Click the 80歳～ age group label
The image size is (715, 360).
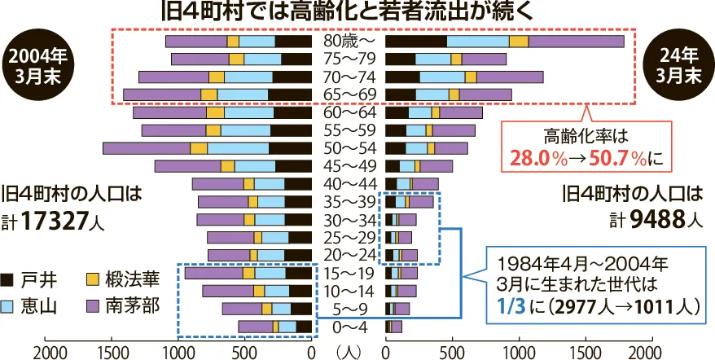click(349, 41)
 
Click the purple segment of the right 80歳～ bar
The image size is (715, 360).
click(576, 41)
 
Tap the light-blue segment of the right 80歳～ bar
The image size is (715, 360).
click(477, 41)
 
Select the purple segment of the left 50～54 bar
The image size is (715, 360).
click(146, 147)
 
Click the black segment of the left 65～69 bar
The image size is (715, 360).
click(289, 94)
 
